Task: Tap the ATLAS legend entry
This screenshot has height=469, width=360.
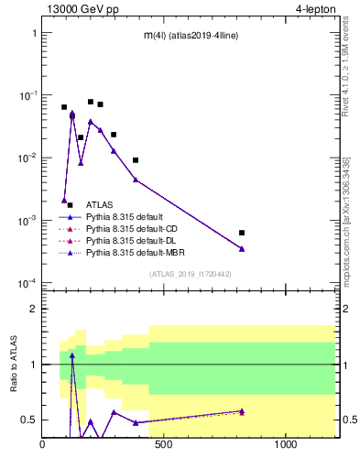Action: [99, 204]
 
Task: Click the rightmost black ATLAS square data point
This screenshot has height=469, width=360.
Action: [242, 233]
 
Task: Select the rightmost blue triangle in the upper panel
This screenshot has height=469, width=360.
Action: [242, 248]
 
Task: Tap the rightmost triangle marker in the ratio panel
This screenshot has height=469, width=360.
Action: [242, 411]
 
